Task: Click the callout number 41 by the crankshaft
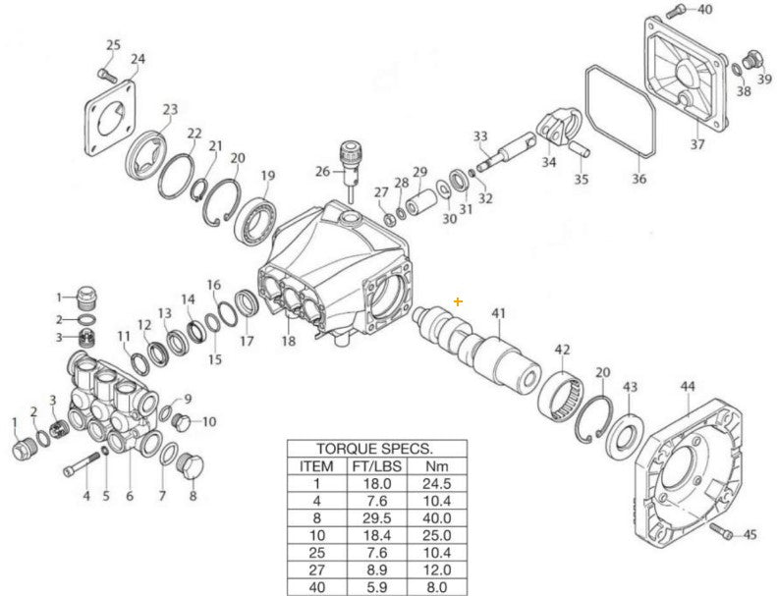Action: (x=499, y=313)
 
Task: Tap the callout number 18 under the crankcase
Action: (x=288, y=341)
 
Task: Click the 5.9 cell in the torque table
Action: (x=375, y=588)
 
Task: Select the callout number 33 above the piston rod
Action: (x=480, y=135)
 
